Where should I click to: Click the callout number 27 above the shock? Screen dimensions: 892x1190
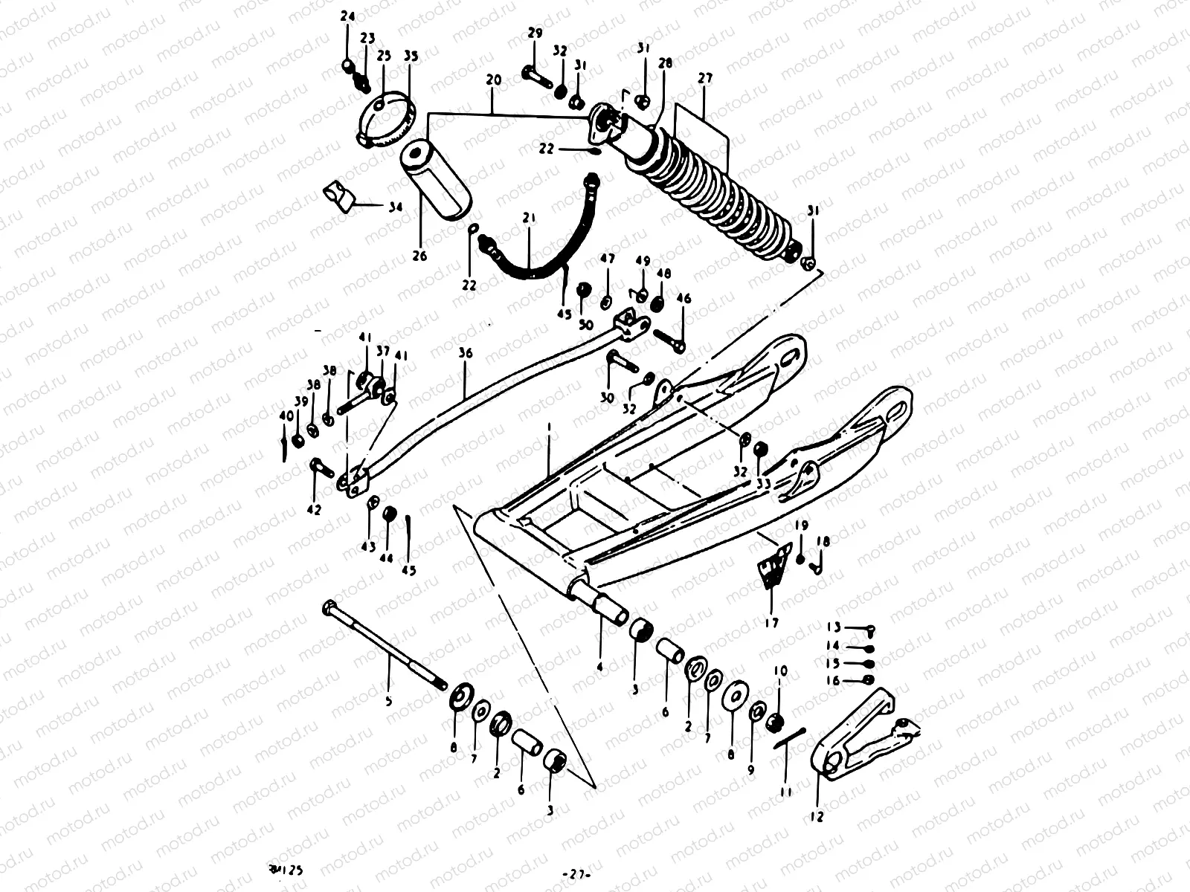pos(704,77)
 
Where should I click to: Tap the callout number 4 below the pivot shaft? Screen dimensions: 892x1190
pos(599,667)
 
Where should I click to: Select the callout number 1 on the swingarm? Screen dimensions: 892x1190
pos(548,429)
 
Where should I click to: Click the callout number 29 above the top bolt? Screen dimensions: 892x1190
pos(535,33)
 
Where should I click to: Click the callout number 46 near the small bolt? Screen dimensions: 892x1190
pos(684,299)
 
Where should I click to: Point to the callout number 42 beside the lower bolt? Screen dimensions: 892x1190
pos(314,510)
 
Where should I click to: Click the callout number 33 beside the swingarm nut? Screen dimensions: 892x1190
pos(763,482)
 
